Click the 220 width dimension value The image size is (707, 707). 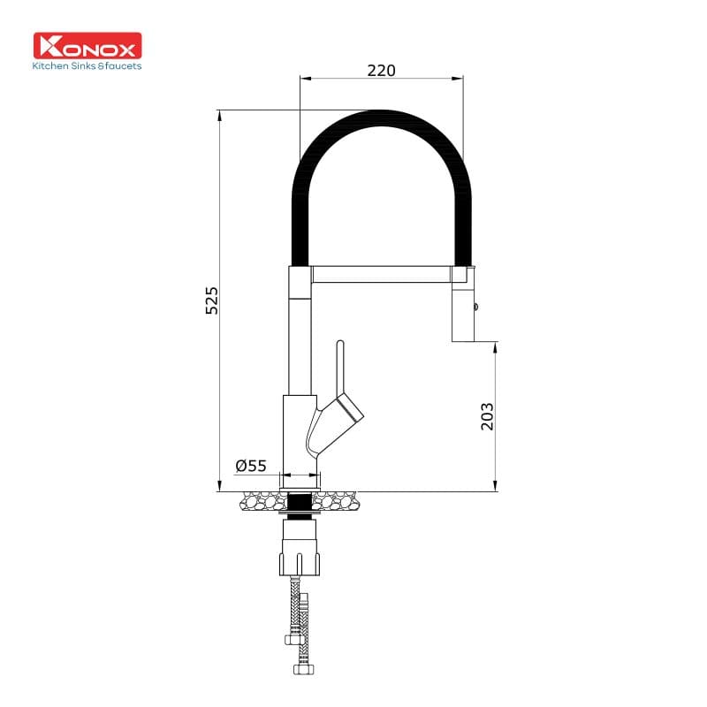click(x=381, y=70)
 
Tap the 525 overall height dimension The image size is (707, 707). click(x=211, y=300)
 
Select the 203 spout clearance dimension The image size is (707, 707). click(x=487, y=415)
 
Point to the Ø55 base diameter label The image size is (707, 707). click(x=251, y=466)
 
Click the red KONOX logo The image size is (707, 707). click(x=87, y=46)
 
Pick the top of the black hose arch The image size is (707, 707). click(x=381, y=117)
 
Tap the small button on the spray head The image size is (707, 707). click(x=477, y=308)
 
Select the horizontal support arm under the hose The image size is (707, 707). click(x=382, y=274)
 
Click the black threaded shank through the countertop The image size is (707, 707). click(x=300, y=504)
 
